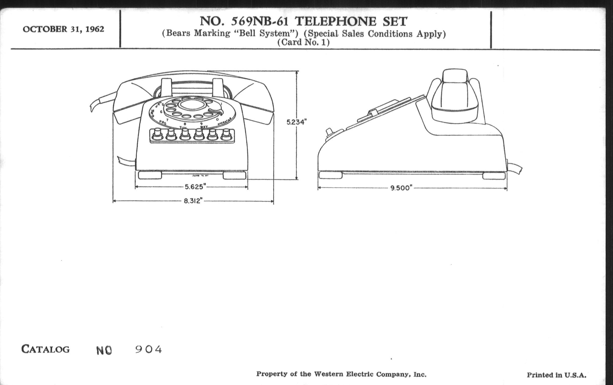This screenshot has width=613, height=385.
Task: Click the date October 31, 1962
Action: [x=63, y=29]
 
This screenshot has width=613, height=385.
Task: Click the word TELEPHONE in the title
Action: [x=335, y=21]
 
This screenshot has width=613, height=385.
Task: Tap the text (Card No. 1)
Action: [x=303, y=42]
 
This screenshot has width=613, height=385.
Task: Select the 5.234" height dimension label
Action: [x=295, y=122]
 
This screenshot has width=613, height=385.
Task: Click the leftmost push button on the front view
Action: [x=157, y=135]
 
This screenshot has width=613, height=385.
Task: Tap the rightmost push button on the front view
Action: [x=226, y=135]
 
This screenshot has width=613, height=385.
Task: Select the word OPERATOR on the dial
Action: [x=225, y=122]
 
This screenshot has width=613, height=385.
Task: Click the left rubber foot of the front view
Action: [x=150, y=175]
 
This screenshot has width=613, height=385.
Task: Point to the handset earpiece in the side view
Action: [x=455, y=97]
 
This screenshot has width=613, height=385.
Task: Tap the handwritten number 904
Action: [x=148, y=350]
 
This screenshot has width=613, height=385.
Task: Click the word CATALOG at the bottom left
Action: [x=45, y=349]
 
